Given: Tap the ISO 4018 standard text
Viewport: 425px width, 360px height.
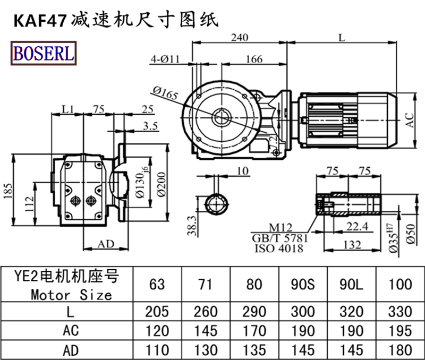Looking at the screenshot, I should click(x=280, y=248).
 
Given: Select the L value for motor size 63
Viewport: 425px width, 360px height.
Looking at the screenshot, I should click(x=157, y=311).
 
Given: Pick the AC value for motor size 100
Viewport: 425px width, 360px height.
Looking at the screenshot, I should click(x=400, y=330).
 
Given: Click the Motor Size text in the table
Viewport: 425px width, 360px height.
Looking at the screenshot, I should click(x=71, y=294).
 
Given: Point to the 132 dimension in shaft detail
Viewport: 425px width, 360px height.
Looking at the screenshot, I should click(x=350, y=245).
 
